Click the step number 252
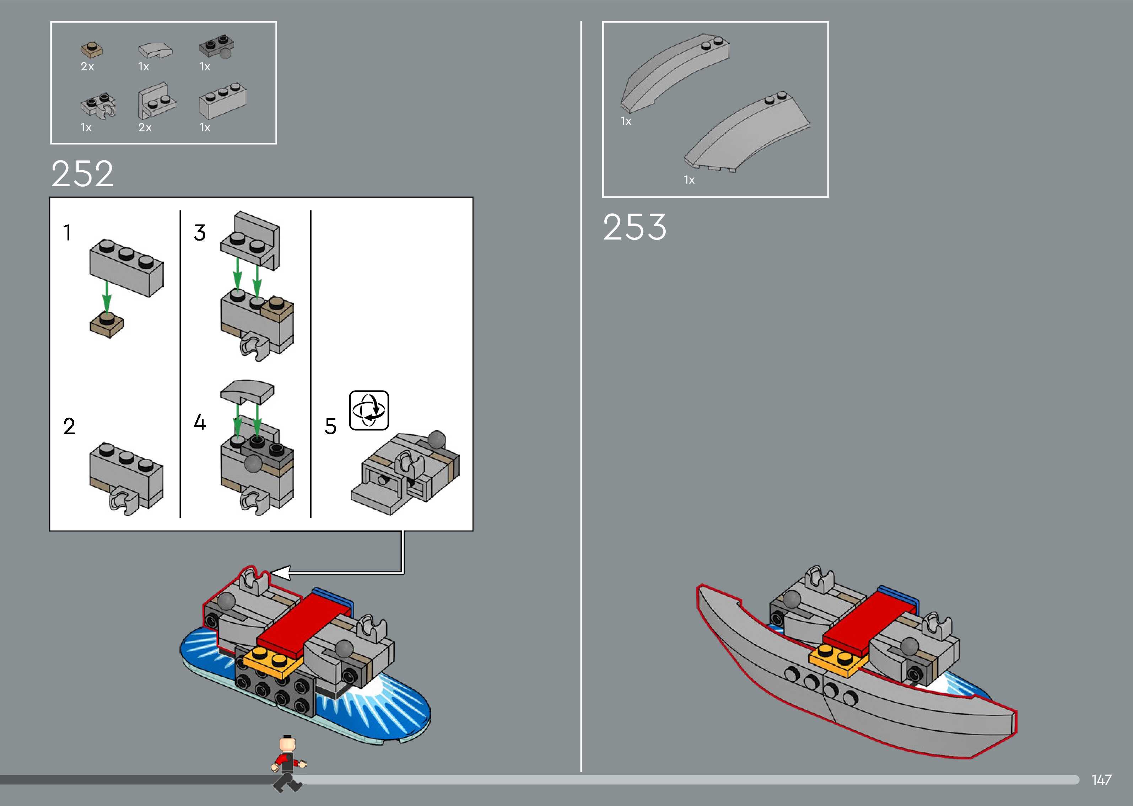pyautogui.click(x=82, y=174)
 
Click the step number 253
pyautogui.click(x=635, y=227)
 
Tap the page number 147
pyautogui.click(x=1101, y=780)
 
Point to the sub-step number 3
pyautogui.click(x=199, y=233)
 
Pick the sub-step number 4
pyautogui.click(x=199, y=422)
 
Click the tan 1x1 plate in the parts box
pyautogui.click(x=92, y=50)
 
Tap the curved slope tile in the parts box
pyautogui.click(x=155, y=50)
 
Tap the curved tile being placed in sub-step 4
pyautogui.click(x=247, y=391)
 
